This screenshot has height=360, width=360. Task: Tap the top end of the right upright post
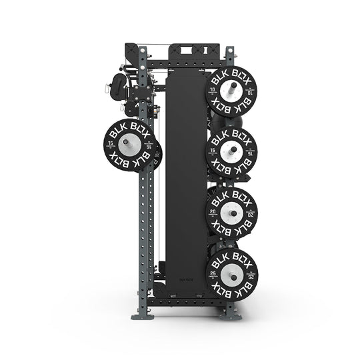pos(230,49)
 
